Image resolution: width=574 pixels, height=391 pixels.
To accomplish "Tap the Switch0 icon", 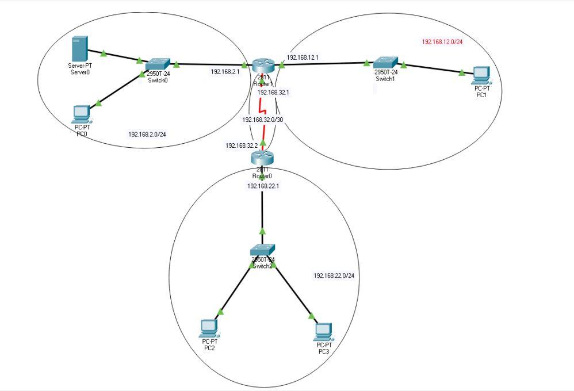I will coord(158,64).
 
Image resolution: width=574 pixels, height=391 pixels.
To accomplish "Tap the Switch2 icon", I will coord(262,249).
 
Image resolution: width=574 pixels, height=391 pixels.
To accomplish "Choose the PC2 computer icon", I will coord(209,327).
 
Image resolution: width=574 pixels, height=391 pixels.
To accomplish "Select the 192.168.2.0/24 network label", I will coord(151,135).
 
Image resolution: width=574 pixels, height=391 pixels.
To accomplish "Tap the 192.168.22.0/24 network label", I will coord(334,276).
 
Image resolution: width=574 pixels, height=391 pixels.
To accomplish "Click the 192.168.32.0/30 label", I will coord(262,120).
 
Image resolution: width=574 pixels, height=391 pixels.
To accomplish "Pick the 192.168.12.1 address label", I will coord(302,57).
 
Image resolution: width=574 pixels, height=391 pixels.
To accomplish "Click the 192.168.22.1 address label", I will coord(262,186).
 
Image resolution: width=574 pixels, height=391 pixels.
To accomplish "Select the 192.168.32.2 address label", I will coord(241,145).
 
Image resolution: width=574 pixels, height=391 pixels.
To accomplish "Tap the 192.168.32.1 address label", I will coord(273,92).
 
